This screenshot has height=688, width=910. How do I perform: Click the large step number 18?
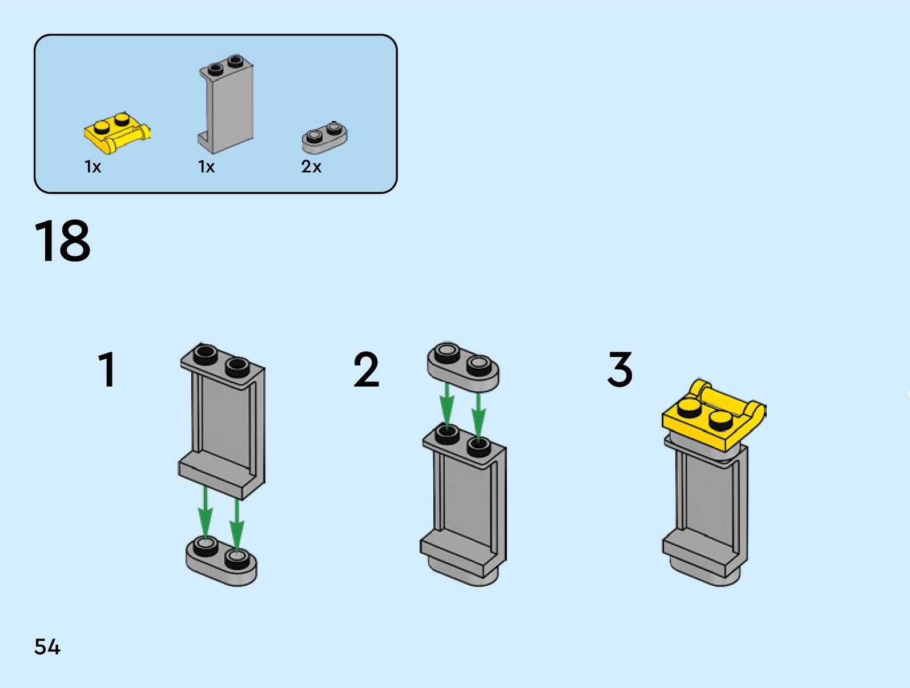(x=63, y=241)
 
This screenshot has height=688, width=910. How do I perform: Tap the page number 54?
(x=47, y=647)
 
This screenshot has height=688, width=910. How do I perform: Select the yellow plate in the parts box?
(x=117, y=132)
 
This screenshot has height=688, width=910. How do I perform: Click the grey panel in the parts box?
(x=227, y=106)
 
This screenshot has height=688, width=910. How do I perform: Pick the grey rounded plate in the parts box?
(x=324, y=138)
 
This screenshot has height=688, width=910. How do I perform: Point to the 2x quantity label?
(x=311, y=167)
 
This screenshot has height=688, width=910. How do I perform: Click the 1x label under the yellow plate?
(x=92, y=167)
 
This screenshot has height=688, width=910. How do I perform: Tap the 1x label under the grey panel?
(x=206, y=167)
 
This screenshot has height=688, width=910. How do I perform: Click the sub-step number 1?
(x=107, y=370)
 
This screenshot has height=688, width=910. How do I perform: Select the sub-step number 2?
(x=367, y=370)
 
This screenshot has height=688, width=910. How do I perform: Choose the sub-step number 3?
(x=620, y=370)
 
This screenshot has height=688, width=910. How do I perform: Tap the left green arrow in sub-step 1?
(x=206, y=517)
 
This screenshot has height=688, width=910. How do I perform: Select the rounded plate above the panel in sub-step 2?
(x=463, y=367)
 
